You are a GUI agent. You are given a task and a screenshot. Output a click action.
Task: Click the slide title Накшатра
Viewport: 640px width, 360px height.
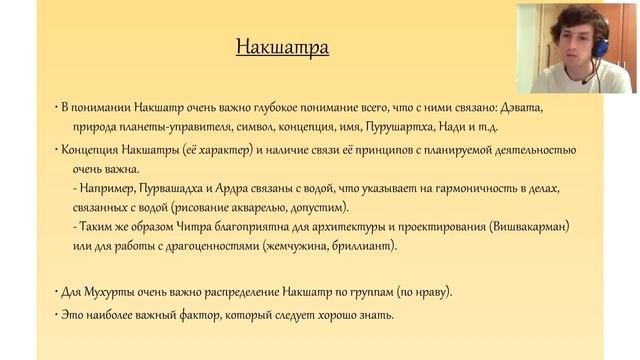[x=281, y=47]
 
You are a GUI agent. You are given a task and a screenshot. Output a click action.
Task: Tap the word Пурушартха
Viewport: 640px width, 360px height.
[x=421, y=127]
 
